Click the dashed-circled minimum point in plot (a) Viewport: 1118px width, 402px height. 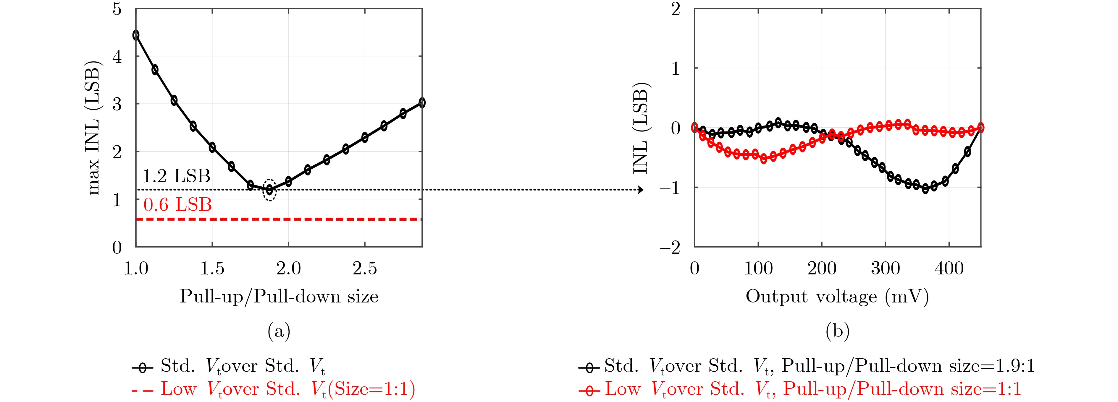(x=269, y=190)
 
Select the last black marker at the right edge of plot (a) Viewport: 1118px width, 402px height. (x=421, y=103)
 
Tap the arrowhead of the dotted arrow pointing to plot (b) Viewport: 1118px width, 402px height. (x=641, y=190)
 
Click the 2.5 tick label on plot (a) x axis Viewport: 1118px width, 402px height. (x=365, y=269)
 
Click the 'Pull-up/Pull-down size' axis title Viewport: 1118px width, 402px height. (x=279, y=297)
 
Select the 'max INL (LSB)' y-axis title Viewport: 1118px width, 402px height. (x=94, y=128)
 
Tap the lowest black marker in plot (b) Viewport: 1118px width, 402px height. (x=925, y=189)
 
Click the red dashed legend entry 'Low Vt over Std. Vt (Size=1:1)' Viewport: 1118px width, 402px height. (x=273, y=389)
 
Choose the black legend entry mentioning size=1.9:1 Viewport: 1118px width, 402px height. (x=806, y=367)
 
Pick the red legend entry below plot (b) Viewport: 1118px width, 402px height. (x=799, y=389)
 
